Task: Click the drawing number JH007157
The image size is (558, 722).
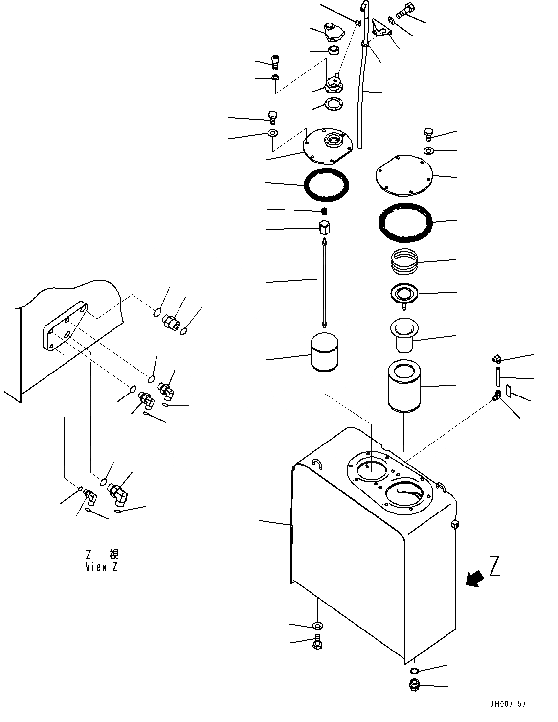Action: [x=507, y=704]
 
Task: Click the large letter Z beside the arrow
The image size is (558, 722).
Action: [x=494, y=567]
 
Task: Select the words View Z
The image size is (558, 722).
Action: [x=101, y=567]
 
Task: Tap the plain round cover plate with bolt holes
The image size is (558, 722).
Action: [x=404, y=175]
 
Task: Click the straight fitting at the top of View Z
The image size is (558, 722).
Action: [x=170, y=321]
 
